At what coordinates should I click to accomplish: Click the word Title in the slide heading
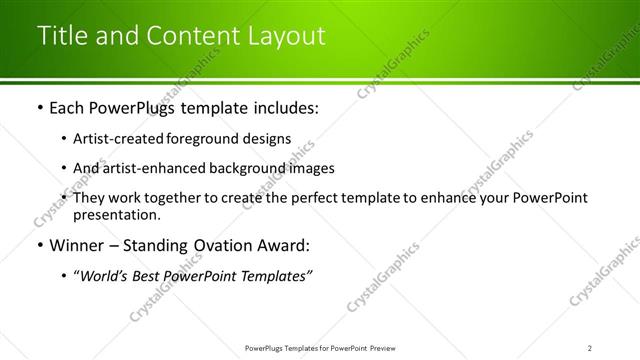[x=63, y=36]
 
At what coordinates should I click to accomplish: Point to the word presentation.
[x=116, y=214]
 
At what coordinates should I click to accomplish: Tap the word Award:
[x=281, y=245]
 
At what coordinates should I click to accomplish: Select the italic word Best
[x=155, y=276]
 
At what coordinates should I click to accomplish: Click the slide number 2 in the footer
[x=590, y=348]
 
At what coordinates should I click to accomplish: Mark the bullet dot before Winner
[x=39, y=245]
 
